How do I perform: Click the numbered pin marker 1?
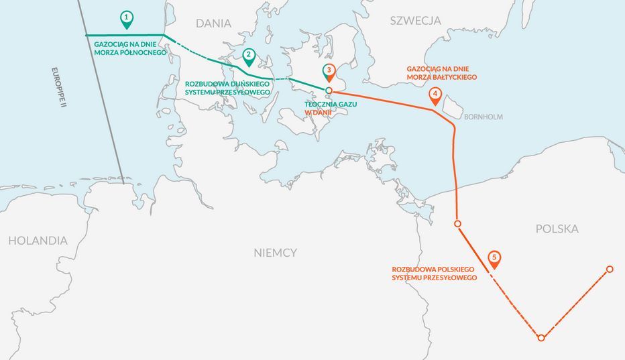click(125, 19)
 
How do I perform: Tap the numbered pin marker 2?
click(249, 57)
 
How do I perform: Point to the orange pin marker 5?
click(494, 259)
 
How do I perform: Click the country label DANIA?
click(213, 23)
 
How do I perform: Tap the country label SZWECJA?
click(416, 21)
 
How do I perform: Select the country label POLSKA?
click(557, 229)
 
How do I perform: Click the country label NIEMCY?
click(275, 253)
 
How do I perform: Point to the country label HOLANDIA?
click(38, 240)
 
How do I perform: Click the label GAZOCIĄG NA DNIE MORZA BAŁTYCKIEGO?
click(442, 73)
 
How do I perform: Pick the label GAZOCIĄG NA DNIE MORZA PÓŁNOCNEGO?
click(126, 48)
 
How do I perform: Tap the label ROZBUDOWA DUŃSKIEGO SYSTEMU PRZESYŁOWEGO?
click(227, 88)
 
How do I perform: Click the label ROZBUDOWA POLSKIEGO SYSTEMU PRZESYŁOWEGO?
click(434, 273)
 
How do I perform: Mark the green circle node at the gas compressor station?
click(329, 91)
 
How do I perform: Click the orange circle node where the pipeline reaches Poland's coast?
click(457, 223)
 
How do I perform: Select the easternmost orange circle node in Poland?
click(610, 269)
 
